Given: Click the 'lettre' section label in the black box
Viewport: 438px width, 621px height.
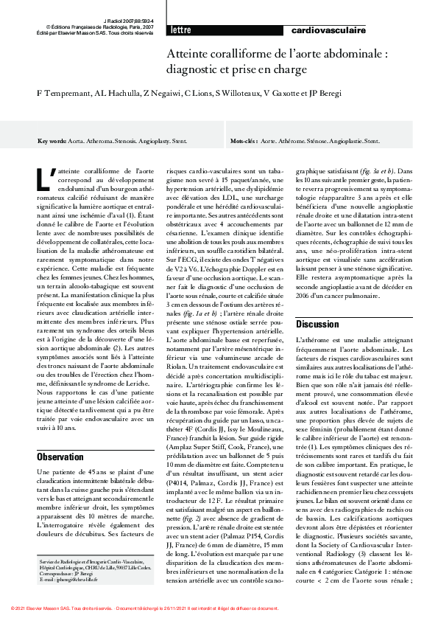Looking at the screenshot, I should [x=180, y=30].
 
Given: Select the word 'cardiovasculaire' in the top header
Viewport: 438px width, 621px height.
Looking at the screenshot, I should [x=328, y=30].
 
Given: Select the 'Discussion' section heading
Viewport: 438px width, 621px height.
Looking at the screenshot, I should [x=317, y=324].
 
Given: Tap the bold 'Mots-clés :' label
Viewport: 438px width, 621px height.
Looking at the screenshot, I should [x=244, y=140].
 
